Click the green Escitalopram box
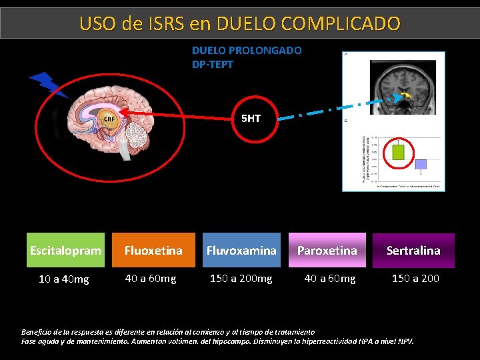(x=65, y=251)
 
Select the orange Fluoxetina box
(x=153, y=251)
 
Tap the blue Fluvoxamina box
(x=241, y=251)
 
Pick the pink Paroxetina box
(x=327, y=251)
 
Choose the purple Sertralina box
(x=413, y=251)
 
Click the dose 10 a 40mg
(x=63, y=279)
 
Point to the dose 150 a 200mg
(x=241, y=278)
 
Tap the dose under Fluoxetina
(x=151, y=278)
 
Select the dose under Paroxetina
(x=330, y=278)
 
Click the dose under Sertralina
(x=415, y=278)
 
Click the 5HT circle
(x=251, y=119)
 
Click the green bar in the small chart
(x=399, y=151)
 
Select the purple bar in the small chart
(x=421, y=164)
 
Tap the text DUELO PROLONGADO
(x=247, y=50)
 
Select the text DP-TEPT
(x=213, y=64)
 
